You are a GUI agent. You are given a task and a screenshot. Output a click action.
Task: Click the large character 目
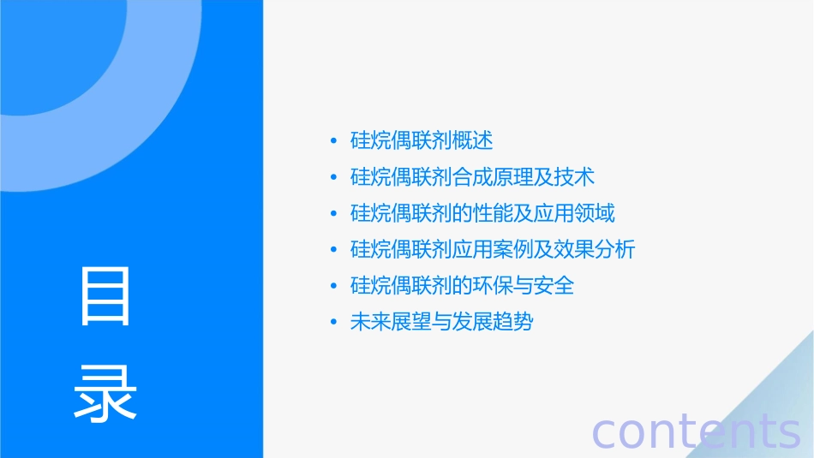(x=105, y=296)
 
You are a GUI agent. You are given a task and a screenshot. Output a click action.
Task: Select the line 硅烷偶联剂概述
(x=422, y=140)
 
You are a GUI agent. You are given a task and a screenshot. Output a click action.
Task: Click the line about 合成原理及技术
(x=472, y=177)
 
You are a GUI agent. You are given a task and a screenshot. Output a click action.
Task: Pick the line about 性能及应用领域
(x=482, y=213)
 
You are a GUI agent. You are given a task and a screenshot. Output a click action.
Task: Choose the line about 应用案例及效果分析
(x=493, y=249)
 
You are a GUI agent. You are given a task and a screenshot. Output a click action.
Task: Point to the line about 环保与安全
(x=462, y=285)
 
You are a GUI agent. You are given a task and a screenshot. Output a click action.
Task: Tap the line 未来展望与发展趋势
(x=441, y=322)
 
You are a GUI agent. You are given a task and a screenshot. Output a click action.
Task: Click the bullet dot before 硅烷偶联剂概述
(x=333, y=141)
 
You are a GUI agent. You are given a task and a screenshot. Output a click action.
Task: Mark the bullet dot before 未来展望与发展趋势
(x=333, y=323)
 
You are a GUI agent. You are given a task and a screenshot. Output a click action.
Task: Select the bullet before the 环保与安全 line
(x=333, y=286)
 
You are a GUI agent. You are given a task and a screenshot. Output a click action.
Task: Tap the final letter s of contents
(x=787, y=432)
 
